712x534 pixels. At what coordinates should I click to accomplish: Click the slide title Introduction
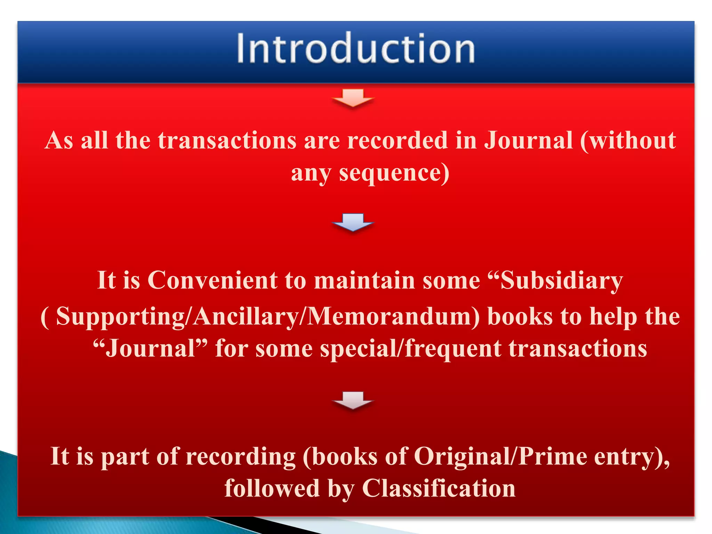tap(356, 49)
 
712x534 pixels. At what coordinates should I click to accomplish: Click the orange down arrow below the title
tap(353, 98)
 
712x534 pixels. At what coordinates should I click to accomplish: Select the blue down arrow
tap(353, 222)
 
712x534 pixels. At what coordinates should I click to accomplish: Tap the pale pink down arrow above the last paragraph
tap(353, 400)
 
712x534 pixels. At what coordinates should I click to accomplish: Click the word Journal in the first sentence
tap(528, 140)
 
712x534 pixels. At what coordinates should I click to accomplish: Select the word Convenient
tap(212, 280)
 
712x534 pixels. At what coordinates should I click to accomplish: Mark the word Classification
tap(439, 488)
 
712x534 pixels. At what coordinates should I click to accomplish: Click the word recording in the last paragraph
tap(241, 456)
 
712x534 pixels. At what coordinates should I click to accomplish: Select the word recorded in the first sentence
tap(397, 140)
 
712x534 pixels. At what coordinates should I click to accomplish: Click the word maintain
tap(364, 280)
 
